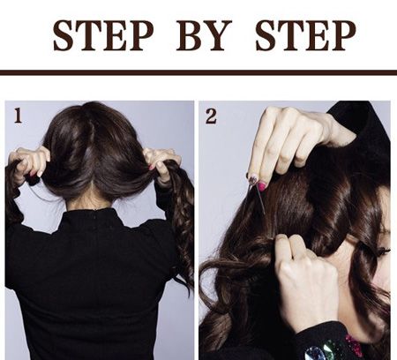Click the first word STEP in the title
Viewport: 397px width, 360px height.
pos(103,35)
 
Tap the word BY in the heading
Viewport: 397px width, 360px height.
pos(204,35)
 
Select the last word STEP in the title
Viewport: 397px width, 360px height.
pos(306,35)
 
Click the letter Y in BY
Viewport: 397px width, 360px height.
pos(218,35)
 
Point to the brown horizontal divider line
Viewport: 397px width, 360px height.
pos(198,72)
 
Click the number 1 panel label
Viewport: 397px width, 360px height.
pos(19,116)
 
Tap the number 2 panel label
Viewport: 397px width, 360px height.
pos(211,116)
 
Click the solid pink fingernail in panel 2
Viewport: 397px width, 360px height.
pos(262,185)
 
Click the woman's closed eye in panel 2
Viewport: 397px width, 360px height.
pos(384,251)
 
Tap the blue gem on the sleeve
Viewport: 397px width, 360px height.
pos(314,353)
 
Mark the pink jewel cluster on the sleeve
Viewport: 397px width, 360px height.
pos(354,345)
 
